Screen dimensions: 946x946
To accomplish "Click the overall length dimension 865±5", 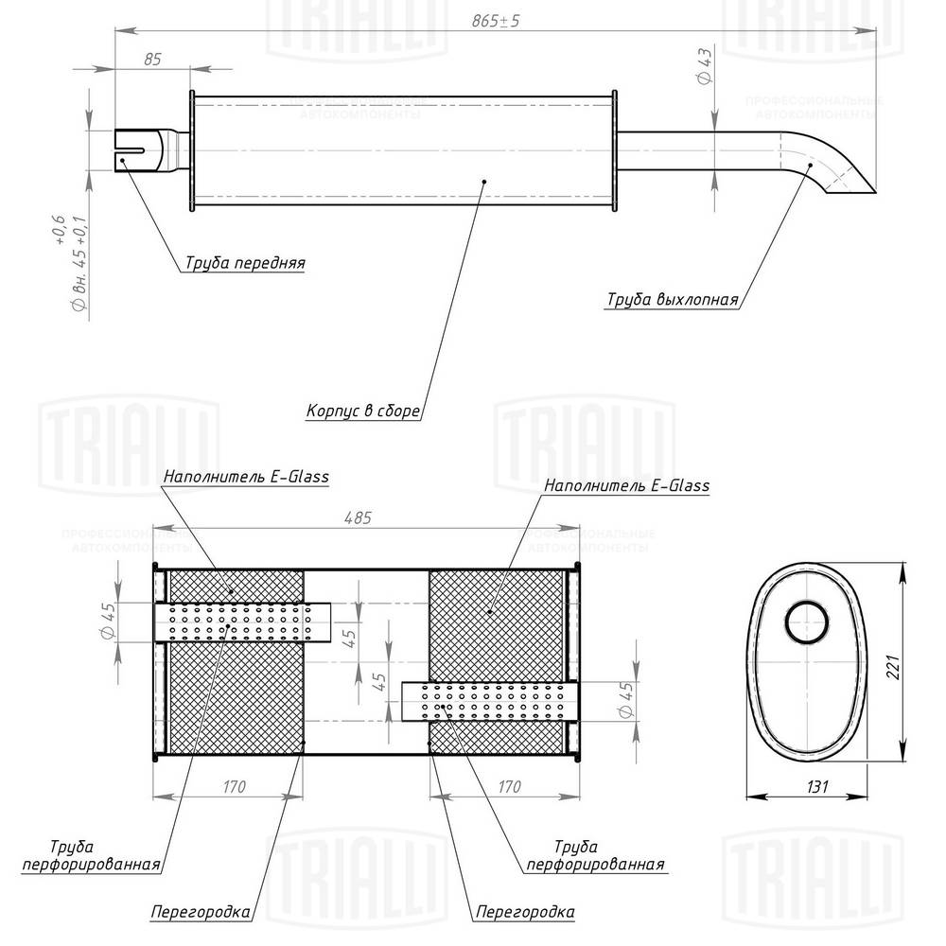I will [495, 21].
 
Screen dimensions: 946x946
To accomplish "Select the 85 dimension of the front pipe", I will [152, 59].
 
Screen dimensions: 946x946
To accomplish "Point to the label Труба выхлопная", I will [672, 301].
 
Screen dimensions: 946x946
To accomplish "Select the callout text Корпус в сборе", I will [363, 412].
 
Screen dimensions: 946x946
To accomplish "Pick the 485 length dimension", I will [359, 517].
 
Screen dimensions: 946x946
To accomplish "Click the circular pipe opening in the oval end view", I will [807, 622].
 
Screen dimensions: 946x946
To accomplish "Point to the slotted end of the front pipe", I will [135, 149].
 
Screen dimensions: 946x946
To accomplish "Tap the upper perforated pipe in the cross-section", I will [242, 622].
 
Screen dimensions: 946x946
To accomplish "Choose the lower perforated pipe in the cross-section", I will [484, 700].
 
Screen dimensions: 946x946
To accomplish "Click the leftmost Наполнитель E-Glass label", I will [245, 477].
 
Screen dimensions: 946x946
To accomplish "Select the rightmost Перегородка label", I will [524, 913].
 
